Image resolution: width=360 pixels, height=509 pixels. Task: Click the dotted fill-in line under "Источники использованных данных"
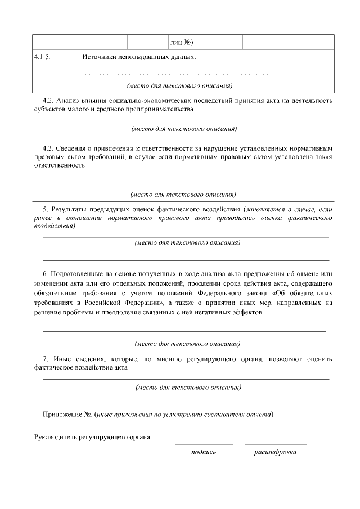[178, 74]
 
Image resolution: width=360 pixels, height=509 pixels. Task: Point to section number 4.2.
[49, 101]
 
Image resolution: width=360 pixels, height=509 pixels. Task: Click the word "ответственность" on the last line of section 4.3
[60, 166]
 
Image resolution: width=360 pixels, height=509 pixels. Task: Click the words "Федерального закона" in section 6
[241, 293]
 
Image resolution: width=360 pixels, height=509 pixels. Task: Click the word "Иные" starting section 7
[63, 358]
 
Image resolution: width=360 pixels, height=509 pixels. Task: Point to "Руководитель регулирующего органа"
[92, 436]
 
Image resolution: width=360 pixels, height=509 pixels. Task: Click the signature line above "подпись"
[203, 444]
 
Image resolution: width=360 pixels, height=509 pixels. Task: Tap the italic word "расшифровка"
[275, 452]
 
